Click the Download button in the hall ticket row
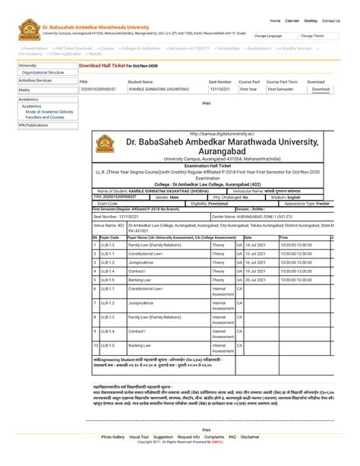click(x=321, y=89)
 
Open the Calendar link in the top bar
click(x=292, y=21)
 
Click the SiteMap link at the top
click(x=311, y=21)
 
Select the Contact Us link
click(x=331, y=21)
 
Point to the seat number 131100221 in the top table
click(x=219, y=89)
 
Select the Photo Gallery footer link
click(x=112, y=437)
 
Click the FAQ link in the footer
click(x=232, y=437)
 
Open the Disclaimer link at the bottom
click(x=250, y=437)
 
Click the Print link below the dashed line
click(x=206, y=430)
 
